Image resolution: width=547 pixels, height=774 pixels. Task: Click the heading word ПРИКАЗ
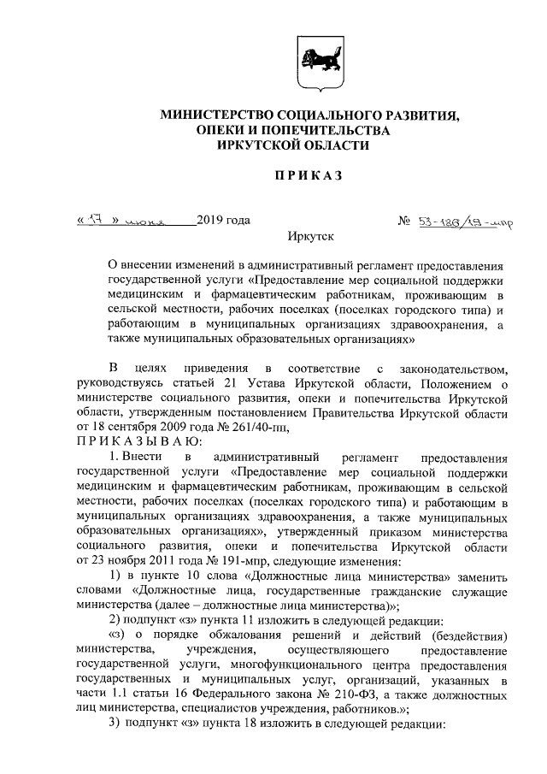point(307,176)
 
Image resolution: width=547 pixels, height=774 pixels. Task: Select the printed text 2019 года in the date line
point(223,220)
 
